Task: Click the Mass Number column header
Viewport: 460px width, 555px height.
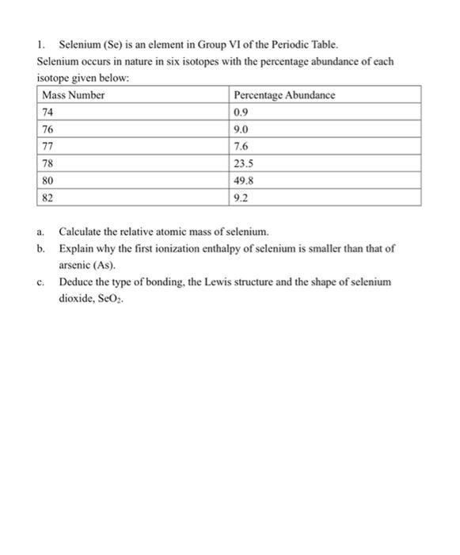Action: [x=74, y=95]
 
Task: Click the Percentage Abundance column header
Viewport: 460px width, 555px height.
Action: [x=284, y=95]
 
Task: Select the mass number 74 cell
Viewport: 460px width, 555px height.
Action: [x=48, y=112]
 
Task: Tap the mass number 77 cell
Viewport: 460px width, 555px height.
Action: [x=48, y=146]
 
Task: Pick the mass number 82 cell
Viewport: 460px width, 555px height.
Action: [x=48, y=197]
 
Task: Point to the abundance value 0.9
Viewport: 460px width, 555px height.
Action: [x=241, y=112]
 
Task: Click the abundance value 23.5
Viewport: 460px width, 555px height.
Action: [x=244, y=163]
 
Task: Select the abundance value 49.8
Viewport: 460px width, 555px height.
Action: [x=244, y=181]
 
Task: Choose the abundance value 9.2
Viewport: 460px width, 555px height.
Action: [x=241, y=197]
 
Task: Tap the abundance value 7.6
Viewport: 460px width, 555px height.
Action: [x=241, y=146]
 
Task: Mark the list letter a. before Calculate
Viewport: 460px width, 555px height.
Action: [x=40, y=232]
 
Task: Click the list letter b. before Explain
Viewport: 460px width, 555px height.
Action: [x=40, y=248]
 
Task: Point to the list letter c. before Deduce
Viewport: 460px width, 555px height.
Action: [x=40, y=282]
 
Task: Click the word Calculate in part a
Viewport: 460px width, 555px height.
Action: [x=83, y=232]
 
